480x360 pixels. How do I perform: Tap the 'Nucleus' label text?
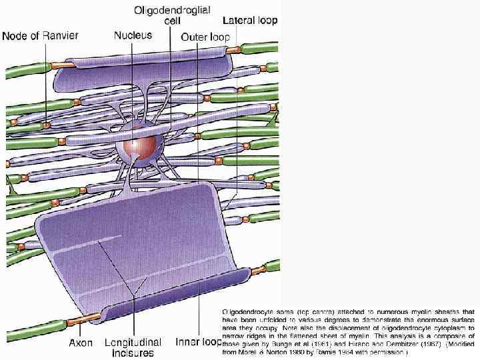(x=133, y=35)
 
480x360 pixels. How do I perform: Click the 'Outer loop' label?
(x=205, y=37)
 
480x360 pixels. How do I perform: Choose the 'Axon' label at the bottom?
(x=81, y=343)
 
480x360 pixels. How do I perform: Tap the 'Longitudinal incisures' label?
(x=133, y=348)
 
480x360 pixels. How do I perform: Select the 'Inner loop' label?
(x=198, y=343)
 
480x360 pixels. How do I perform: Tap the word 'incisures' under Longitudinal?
(x=133, y=354)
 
